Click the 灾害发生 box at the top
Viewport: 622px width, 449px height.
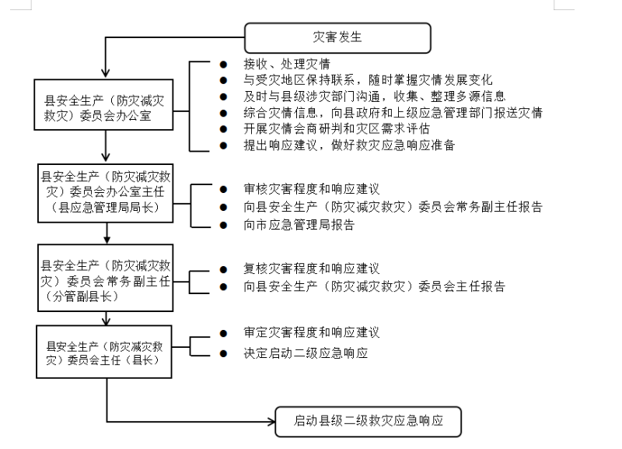tap(337, 36)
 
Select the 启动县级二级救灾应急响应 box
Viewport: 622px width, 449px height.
tap(369, 421)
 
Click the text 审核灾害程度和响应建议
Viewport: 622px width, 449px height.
tap(312, 188)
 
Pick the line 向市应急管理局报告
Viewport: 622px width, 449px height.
tap(299, 225)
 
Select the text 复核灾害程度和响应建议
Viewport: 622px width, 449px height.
tap(312, 268)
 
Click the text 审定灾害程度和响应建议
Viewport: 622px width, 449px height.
tap(312, 332)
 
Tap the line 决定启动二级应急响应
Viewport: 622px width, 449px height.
tap(306, 353)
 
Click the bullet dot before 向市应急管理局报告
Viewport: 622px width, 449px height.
tap(223, 225)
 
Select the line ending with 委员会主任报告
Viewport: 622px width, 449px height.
tap(374, 286)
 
